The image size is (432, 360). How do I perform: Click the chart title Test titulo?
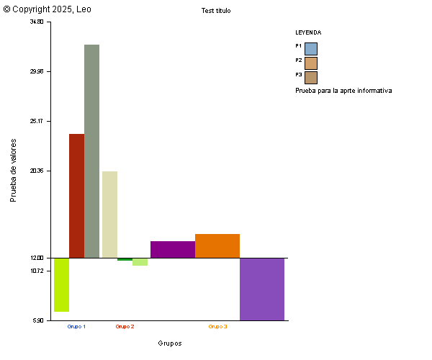pyautogui.click(x=216, y=11)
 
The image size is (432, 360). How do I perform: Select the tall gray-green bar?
pyautogui.click(x=91, y=151)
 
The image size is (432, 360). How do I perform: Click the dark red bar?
pyautogui.click(x=76, y=196)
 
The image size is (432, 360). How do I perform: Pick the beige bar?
pyautogui.click(x=109, y=215)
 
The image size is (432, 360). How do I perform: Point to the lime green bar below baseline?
pyautogui.click(x=61, y=284)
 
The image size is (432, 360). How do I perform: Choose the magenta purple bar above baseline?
pyautogui.click(x=173, y=249)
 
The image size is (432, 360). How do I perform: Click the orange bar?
pyautogui.click(x=217, y=246)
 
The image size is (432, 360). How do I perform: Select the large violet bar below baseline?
pyautogui.click(x=262, y=289)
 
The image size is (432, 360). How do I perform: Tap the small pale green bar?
pyautogui.click(x=140, y=262)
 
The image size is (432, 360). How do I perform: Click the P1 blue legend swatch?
pyautogui.click(x=311, y=48)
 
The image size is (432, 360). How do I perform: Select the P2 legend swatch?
pyautogui.click(x=311, y=63)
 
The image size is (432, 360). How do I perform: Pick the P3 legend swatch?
pyautogui.click(x=311, y=77)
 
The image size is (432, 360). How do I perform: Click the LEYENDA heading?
pyautogui.click(x=308, y=32)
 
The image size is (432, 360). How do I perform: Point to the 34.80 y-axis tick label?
pyautogui.click(x=36, y=22)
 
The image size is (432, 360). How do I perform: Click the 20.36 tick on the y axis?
pyautogui.click(x=36, y=171)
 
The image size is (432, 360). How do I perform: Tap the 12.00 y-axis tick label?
pyautogui.click(x=36, y=258)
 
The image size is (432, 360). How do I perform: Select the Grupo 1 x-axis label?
pyautogui.click(x=76, y=326)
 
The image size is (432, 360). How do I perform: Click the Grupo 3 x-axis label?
pyautogui.click(x=217, y=326)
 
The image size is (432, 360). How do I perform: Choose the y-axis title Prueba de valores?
pyautogui.click(x=13, y=170)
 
